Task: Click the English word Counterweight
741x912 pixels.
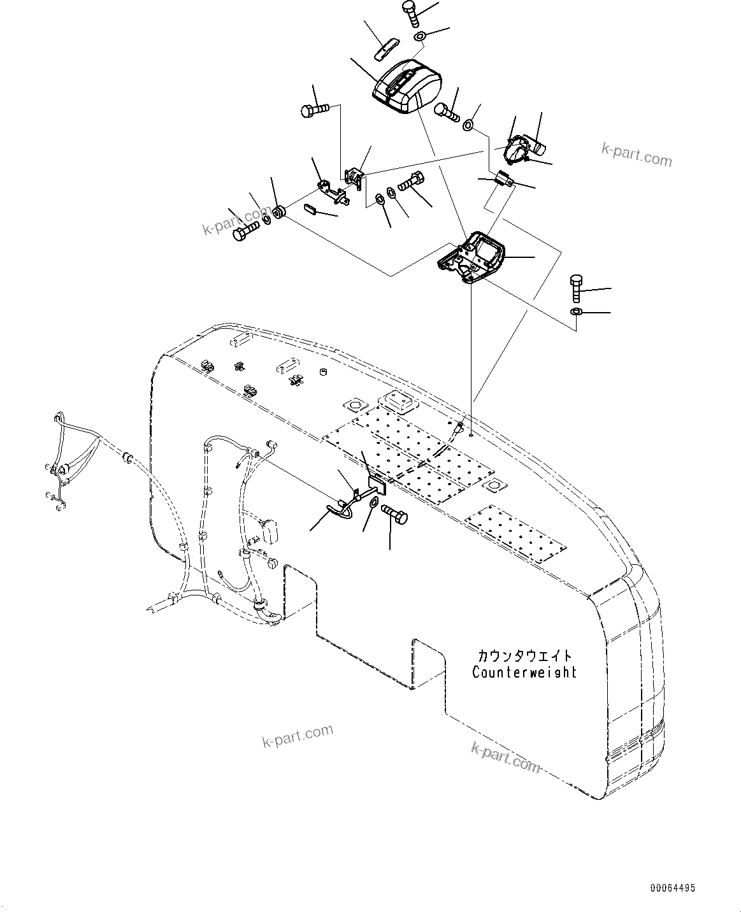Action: coord(524,672)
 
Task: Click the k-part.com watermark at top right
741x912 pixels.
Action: coord(637,153)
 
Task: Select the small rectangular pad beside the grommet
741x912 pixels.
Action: coord(310,208)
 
